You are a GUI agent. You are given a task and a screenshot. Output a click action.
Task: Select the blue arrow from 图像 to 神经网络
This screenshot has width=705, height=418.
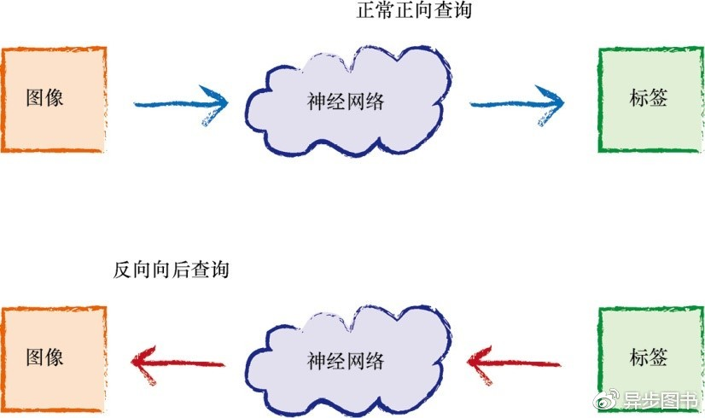tap(181, 104)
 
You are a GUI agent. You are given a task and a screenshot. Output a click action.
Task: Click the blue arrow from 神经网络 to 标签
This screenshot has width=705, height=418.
tap(517, 104)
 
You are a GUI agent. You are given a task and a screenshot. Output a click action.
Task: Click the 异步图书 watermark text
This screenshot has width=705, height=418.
tap(668, 402)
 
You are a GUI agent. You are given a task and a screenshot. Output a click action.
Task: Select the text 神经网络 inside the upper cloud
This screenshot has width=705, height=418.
tap(346, 102)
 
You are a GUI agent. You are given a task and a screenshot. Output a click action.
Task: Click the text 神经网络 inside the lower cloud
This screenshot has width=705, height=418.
tap(346, 361)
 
